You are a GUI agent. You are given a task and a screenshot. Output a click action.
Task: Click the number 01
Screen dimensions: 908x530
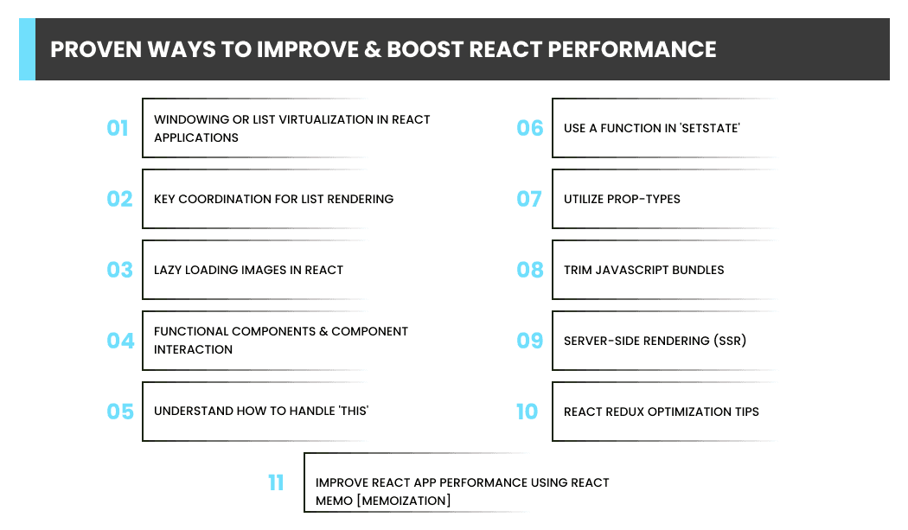click(118, 128)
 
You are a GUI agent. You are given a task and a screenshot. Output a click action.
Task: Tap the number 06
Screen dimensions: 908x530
click(530, 128)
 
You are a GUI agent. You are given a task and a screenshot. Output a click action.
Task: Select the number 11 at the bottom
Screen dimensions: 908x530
click(276, 482)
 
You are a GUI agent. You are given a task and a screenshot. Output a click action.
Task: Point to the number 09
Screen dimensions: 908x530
click(530, 341)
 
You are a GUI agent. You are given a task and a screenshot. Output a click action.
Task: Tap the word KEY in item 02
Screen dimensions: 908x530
click(164, 199)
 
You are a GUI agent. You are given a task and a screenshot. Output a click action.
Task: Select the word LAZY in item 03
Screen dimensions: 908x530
click(168, 270)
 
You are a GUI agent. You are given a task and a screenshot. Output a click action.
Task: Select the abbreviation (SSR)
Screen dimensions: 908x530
click(730, 341)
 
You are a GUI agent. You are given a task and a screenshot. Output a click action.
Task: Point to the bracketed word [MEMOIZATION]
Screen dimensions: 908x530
click(404, 501)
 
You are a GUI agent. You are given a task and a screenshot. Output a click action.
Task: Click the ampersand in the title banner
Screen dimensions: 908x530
click(373, 50)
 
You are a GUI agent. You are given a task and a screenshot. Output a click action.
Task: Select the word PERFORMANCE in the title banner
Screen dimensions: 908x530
click(632, 50)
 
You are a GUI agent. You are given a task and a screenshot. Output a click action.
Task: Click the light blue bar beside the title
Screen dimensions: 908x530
click(27, 49)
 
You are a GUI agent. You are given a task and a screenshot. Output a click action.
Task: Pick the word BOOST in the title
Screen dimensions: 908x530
click(425, 50)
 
